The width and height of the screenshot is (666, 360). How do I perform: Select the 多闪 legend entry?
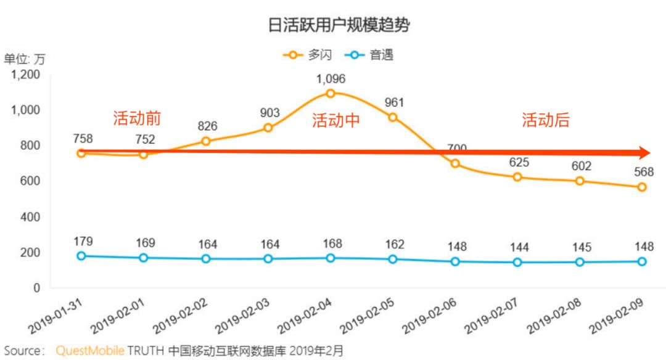point(308,55)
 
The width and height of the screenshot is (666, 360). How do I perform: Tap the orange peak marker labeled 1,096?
point(331,93)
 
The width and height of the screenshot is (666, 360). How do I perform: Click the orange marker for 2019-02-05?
point(393,117)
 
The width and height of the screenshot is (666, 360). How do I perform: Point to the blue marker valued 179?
point(81,256)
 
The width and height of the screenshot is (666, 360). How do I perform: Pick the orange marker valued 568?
point(642,187)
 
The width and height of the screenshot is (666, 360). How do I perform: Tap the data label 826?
point(206,126)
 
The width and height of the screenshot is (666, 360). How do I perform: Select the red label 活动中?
point(335,121)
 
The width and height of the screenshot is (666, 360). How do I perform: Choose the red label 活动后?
point(546,121)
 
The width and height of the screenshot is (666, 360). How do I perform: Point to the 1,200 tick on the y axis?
point(27,75)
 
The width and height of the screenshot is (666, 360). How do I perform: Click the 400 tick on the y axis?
point(31,217)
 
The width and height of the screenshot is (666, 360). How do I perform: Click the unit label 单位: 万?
point(25,60)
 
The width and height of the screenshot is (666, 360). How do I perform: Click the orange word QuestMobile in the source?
point(90,351)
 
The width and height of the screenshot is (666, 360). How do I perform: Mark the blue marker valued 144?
point(517,262)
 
